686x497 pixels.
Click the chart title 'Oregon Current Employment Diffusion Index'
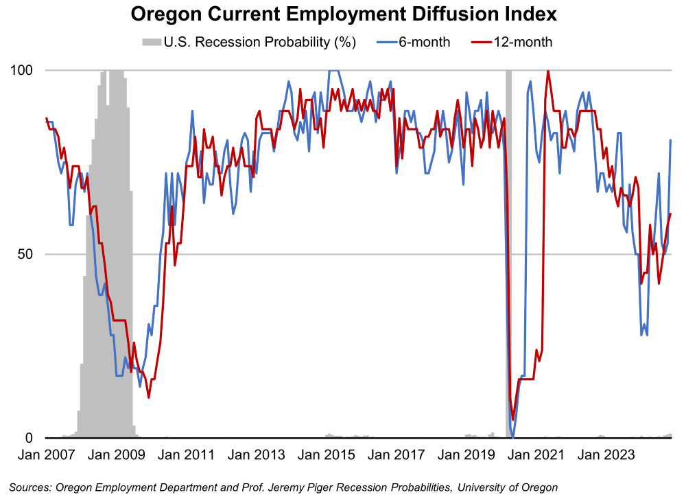pyautogui.click(x=342, y=14)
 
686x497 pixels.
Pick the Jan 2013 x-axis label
pyautogui.click(x=258, y=454)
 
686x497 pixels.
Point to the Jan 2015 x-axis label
pyautogui.click(x=328, y=454)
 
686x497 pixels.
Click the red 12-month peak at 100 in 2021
pyautogui.click(x=547, y=71)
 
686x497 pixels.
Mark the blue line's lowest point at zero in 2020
pyautogui.click(x=513, y=437)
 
